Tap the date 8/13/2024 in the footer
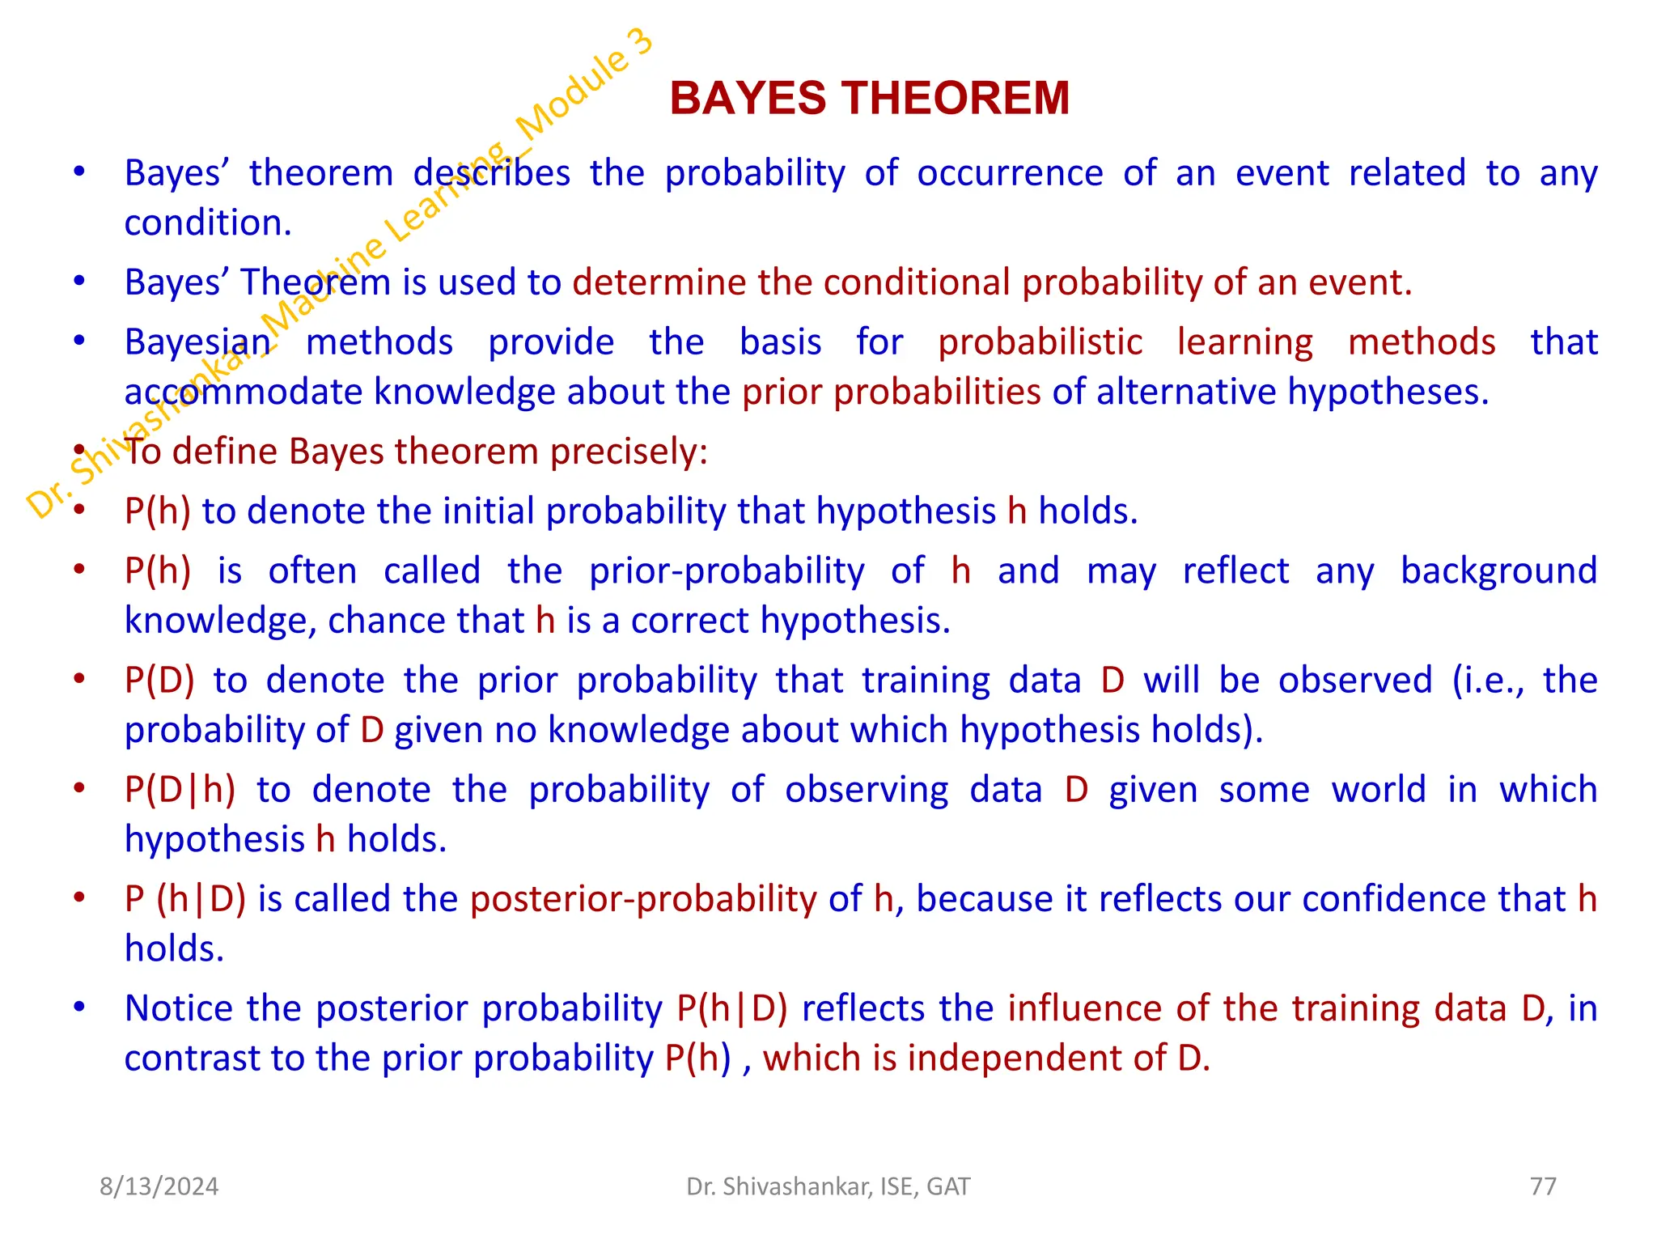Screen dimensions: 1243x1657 [159, 1186]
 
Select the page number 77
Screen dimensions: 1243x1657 [1543, 1186]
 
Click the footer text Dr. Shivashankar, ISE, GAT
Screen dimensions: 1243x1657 [828, 1186]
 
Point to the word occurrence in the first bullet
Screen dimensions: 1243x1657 [1010, 173]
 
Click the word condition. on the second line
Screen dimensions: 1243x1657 [208, 223]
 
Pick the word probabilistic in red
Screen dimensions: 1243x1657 [1040, 342]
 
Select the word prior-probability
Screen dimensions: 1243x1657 [727, 571]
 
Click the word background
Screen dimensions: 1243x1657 [1498, 571]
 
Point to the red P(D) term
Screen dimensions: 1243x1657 [159, 681]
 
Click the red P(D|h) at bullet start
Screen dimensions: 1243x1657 [180, 790]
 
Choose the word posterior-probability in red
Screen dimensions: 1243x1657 [643, 899]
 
